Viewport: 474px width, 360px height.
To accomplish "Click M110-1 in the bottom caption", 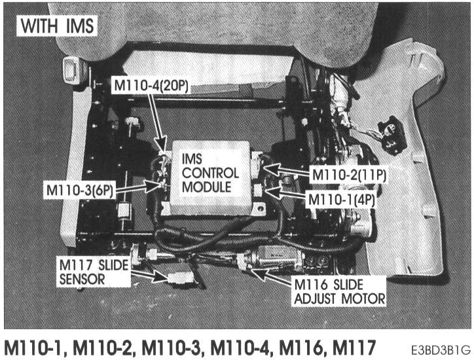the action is click(x=36, y=345).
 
